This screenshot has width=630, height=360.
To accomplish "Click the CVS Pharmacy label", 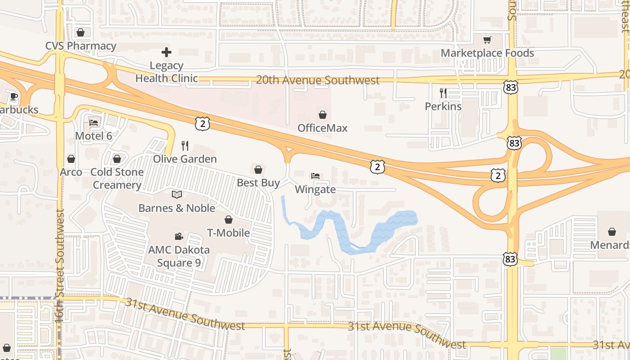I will (x=81, y=46).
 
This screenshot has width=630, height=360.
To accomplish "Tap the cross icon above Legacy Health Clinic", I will (x=166, y=52).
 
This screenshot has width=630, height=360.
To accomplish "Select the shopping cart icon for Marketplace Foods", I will (x=487, y=40).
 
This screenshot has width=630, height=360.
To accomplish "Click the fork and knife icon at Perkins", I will (x=443, y=93).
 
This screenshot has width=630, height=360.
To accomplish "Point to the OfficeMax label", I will (x=322, y=128).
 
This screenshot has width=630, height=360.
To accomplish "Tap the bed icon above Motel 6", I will (x=94, y=122).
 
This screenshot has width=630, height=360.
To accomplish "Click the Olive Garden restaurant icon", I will (x=184, y=145).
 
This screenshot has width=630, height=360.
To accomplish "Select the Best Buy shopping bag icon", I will (x=258, y=170).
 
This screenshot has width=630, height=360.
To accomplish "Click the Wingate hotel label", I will (x=315, y=189).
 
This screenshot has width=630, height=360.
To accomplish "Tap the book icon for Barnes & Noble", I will (x=177, y=195).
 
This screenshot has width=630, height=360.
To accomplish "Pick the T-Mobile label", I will (x=228, y=233).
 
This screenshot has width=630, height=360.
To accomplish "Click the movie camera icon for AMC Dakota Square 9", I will (x=179, y=236).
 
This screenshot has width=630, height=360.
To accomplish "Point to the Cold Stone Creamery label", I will (x=117, y=178).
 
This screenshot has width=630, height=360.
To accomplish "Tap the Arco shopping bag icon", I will (x=71, y=159).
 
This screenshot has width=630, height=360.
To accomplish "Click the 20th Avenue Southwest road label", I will (x=317, y=81).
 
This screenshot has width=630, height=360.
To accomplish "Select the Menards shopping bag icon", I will (x=612, y=232).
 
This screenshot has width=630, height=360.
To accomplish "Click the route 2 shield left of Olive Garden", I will (x=202, y=123).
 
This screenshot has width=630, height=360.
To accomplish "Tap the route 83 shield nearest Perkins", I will (x=511, y=87).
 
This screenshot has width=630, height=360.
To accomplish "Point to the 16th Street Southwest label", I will (x=60, y=265).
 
